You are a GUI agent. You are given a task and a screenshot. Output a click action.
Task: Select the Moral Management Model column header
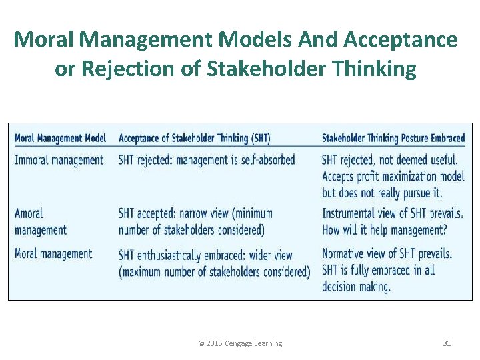click(60, 139)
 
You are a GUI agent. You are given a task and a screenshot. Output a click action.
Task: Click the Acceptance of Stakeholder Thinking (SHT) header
click(194, 139)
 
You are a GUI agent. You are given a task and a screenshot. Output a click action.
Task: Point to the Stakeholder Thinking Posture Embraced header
click(393, 139)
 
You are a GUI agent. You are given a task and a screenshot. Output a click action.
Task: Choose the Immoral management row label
click(59, 160)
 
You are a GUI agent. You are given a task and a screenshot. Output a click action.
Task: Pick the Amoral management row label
click(41, 221)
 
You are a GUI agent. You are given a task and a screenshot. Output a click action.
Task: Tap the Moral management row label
click(53, 254)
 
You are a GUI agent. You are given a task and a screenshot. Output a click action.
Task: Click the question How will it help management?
click(385, 231)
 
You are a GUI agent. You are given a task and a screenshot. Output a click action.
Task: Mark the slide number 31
click(447, 343)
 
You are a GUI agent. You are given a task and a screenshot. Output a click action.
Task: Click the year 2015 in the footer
click(214, 343)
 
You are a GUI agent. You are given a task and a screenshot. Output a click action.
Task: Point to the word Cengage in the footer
click(238, 343)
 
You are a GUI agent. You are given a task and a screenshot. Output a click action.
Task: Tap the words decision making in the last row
click(357, 287)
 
